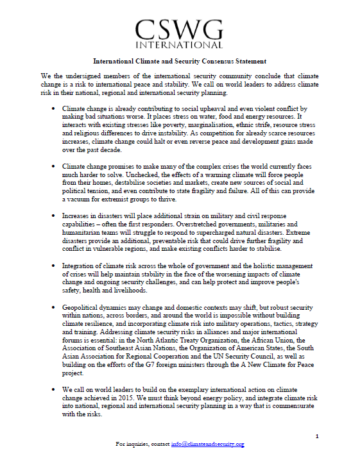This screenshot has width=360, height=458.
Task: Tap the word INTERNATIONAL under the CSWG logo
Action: pos(180,46)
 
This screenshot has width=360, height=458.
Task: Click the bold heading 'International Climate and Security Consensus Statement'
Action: pos(180,62)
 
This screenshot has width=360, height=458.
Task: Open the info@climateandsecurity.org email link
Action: pos(207,444)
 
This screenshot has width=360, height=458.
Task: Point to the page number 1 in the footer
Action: pos(317,436)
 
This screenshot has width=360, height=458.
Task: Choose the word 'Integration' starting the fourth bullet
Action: pos(80,266)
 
